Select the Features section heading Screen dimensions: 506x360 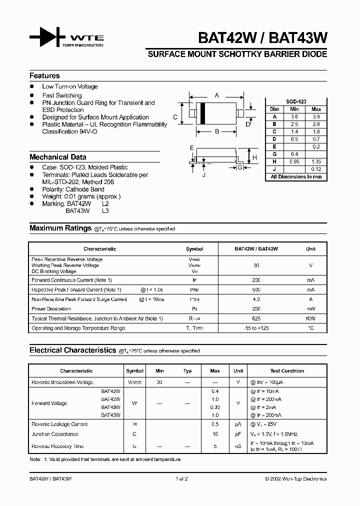[44, 75]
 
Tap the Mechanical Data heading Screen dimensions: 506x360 [57, 156]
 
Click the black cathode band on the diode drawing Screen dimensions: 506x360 [203, 113]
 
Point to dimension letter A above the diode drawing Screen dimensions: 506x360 [216, 95]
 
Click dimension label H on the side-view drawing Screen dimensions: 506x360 [254, 158]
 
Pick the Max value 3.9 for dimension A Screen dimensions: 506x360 [316, 116]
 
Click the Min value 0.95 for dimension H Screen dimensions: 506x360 [294, 161]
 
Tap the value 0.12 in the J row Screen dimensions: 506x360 [316, 169]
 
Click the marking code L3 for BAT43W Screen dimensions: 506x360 [105, 211]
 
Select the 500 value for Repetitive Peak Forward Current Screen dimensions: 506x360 [256, 289]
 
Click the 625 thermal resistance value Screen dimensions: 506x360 [256, 318]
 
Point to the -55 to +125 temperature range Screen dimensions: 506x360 [256, 328]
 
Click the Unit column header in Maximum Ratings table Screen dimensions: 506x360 [310, 248]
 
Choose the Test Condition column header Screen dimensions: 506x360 [287, 371]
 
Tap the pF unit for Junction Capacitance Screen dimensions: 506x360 [238, 434]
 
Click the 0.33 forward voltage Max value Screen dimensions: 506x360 [215, 407]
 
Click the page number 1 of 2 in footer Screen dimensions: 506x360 [181, 478]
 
